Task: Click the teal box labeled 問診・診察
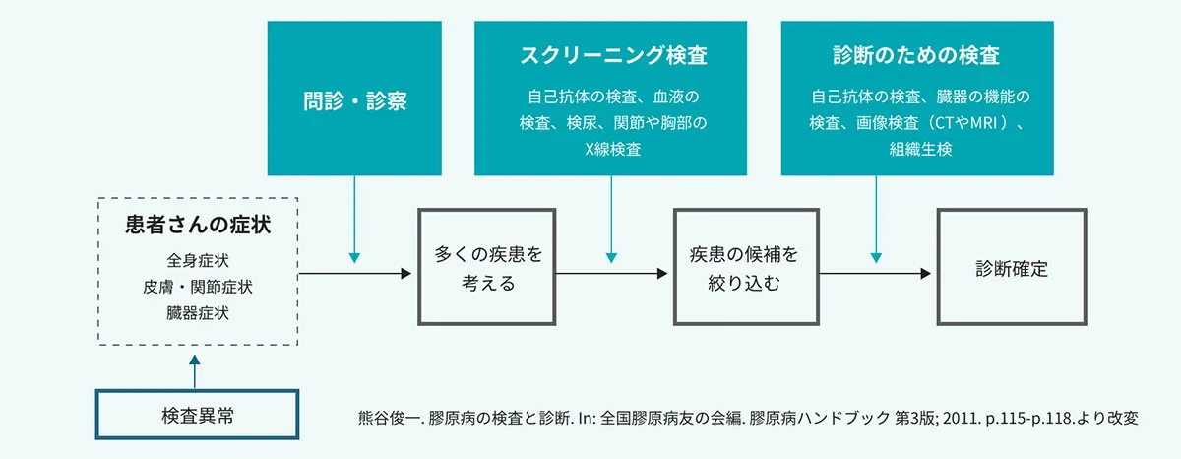[354, 100]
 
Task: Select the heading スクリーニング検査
[612, 55]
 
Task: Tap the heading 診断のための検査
[916, 55]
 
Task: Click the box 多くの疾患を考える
[488, 267]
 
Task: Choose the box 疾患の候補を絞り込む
[744, 267]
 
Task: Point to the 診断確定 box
[1011, 268]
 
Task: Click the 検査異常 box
[197, 415]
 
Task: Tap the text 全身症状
[198, 262]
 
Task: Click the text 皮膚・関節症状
[198, 288]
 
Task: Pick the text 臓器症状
[198, 313]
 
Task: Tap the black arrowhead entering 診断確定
[924, 273]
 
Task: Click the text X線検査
[612, 150]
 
